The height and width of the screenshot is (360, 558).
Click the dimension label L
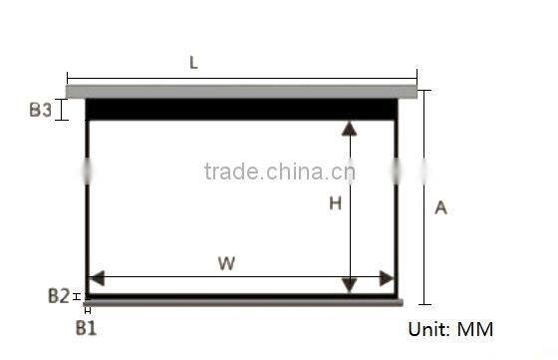coord(193,62)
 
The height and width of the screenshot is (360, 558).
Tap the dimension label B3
coord(40,110)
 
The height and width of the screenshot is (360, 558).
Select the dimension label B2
coord(58,295)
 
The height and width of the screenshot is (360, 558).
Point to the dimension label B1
coord(87,326)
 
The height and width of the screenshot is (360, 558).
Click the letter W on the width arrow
coord(226,263)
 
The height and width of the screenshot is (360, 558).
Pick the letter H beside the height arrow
coord(335,203)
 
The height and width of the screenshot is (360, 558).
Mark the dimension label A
coord(440,207)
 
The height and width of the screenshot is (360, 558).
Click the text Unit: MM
coord(450,329)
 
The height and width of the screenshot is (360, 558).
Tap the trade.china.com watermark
coord(279,172)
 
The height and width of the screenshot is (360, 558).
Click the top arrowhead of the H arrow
coord(349,129)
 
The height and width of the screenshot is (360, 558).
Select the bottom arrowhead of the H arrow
coord(349,285)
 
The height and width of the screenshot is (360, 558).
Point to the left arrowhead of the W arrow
coord(97,278)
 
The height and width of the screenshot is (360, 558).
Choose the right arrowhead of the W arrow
coord(386,278)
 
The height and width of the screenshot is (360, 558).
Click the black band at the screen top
coord(241,109)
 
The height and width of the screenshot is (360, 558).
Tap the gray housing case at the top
coord(241,91)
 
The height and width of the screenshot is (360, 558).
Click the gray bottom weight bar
coord(244,301)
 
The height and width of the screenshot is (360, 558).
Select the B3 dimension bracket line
coord(64,110)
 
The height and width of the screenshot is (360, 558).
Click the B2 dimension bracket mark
coord(77,295)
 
